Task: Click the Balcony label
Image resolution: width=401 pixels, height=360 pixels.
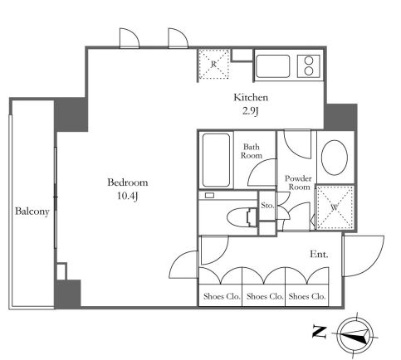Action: [x=32, y=212]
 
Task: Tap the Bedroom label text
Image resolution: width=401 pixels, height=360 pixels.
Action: [x=128, y=182]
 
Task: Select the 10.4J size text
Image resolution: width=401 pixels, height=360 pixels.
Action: [x=128, y=196]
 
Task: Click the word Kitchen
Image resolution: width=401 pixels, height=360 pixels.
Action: [x=251, y=97]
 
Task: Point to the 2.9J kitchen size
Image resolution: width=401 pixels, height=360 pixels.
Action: [x=251, y=111]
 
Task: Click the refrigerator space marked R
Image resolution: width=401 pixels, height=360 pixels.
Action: [x=213, y=64]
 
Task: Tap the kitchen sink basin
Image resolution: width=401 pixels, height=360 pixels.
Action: [x=273, y=66]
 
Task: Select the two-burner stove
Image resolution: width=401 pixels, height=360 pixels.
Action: [x=309, y=66]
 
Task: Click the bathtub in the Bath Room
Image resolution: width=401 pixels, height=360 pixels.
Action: [x=216, y=160]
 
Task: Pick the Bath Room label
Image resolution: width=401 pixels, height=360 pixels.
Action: [x=252, y=151]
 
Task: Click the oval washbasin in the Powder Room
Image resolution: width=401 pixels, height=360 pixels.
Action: [x=335, y=158]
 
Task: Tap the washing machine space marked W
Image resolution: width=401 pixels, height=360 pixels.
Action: [x=335, y=207]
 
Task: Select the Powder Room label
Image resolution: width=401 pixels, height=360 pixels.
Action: [x=298, y=182]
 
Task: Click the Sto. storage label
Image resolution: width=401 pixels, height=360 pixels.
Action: [x=267, y=206]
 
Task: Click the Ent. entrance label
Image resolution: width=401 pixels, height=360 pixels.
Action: [x=319, y=254]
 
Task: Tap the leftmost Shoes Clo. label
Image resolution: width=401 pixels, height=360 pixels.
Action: [x=222, y=296]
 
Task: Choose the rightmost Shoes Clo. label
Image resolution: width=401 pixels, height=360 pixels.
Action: [x=307, y=296]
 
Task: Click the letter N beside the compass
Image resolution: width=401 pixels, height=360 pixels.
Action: [x=320, y=332]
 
